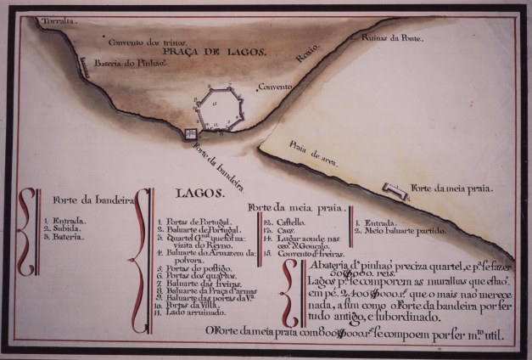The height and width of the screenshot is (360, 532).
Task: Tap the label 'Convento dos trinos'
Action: pos(141,40)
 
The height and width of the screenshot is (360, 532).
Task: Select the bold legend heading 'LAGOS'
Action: pos(199,194)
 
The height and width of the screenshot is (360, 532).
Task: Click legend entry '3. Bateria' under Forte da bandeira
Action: pos(64,238)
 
